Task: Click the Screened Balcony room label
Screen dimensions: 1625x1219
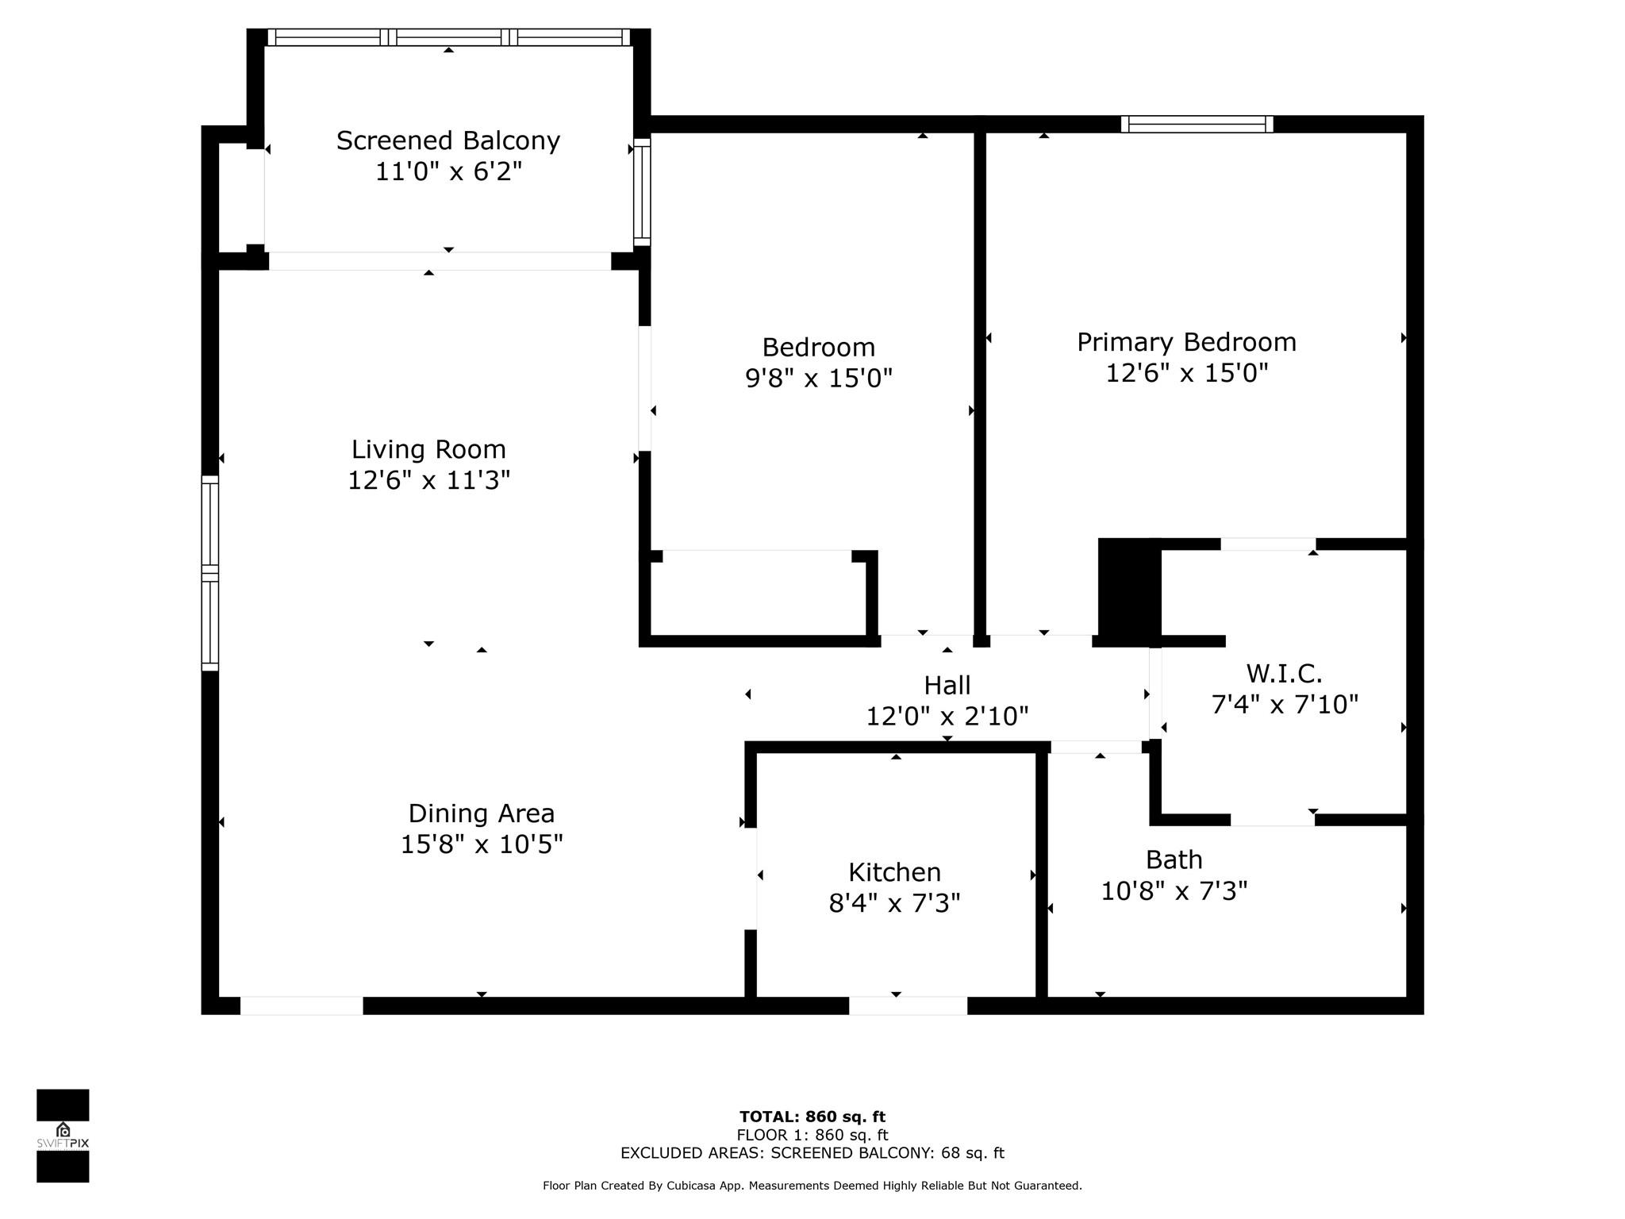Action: coord(448,140)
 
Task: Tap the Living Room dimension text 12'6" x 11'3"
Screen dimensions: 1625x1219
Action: coord(428,480)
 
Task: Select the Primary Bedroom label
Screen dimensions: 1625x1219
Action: coord(1186,342)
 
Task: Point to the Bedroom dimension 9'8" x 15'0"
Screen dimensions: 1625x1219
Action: coord(819,378)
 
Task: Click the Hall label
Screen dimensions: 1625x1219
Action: coord(947,685)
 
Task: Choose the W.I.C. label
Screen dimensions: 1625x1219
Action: coord(1284,674)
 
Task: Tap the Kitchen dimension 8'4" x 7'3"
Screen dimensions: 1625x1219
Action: coord(894,903)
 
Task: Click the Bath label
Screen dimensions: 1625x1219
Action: coord(1174,859)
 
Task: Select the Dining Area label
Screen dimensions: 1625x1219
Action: coord(482,813)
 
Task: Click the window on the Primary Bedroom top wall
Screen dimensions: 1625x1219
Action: coord(1197,124)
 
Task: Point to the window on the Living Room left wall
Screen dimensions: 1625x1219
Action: coord(209,573)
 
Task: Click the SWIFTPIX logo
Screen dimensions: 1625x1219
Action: coord(63,1136)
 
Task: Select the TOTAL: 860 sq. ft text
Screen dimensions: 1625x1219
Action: coord(812,1117)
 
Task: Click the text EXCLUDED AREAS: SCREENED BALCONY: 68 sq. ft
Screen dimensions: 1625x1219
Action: coord(812,1153)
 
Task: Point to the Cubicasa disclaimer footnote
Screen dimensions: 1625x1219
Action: coord(812,1186)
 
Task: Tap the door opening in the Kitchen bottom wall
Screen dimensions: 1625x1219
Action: coord(908,1006)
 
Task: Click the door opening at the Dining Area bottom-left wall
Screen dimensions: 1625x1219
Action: coord(302,1006)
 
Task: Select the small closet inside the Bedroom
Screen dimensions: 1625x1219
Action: coord(758,593)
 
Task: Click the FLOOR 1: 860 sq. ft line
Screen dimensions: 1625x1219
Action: coord(812,1136)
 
